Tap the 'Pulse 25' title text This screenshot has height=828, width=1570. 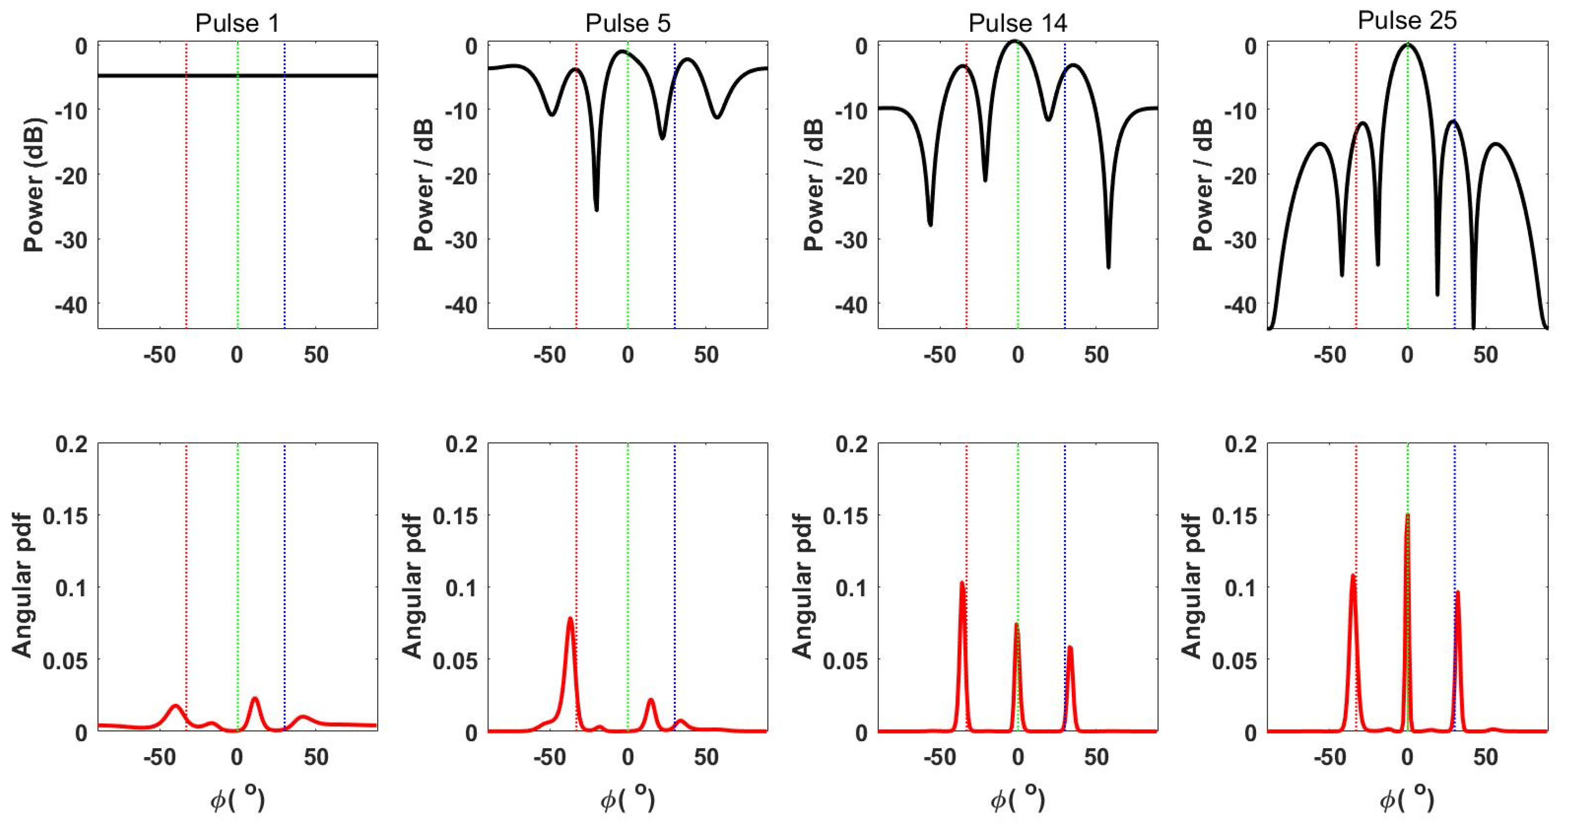point(1407,20)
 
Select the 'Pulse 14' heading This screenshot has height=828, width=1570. point(1017,23)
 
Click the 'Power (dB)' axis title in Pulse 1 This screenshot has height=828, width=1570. point(34,185)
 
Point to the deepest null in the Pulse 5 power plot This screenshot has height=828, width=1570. point(596,209)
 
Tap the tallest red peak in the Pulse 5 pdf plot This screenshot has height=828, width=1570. point(570,619)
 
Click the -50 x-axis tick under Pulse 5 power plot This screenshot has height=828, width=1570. point(550,354)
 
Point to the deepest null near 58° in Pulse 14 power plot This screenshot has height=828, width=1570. point(1108,266)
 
